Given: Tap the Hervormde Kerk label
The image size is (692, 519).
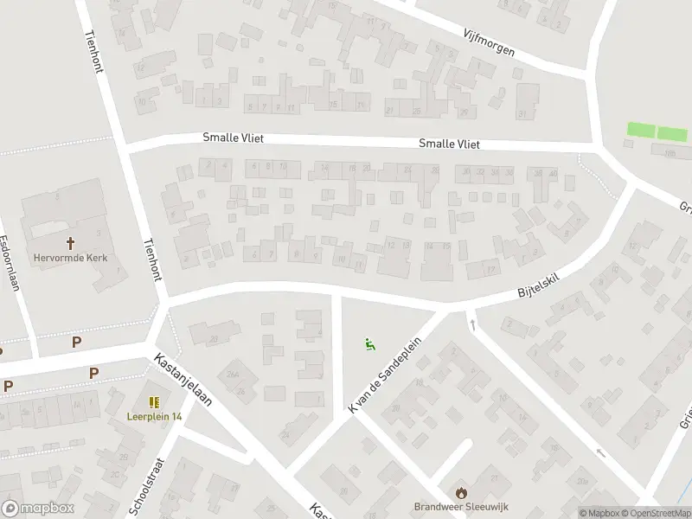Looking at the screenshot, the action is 69,256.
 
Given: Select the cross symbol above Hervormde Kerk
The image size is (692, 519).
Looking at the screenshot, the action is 69,242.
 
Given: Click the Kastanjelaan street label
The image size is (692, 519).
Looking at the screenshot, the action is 183,378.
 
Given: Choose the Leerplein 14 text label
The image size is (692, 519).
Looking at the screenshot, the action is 155,416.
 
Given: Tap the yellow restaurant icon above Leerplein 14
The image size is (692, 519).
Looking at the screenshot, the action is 154,402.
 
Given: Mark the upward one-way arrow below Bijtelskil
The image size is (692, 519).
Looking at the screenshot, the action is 473,324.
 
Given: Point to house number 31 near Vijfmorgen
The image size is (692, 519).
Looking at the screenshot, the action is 521,113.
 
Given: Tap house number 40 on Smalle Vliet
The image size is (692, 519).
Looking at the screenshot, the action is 552,173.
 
